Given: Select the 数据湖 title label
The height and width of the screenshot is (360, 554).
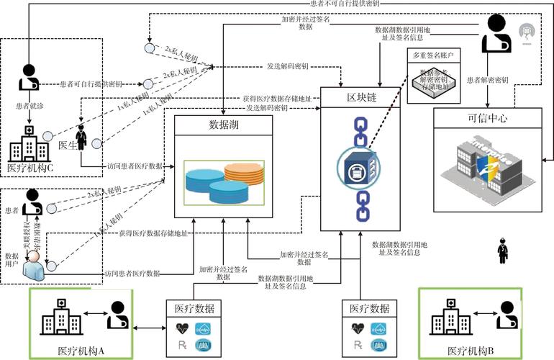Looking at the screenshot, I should [x=224, y=123].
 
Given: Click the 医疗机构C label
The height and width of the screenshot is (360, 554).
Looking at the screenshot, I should [x=29, y=168].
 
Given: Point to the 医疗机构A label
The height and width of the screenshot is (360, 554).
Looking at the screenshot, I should [x=81, y=351].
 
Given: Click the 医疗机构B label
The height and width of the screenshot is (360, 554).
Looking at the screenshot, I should [x=471, y=351].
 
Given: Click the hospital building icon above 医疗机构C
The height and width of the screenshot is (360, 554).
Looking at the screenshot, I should [x=26, y=144].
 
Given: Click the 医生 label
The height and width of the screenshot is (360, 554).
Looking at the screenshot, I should [x=67, y=145].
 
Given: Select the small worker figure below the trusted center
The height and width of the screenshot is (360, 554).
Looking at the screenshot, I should [x=501, y=253].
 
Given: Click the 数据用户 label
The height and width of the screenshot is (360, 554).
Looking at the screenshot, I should [x=12, y=261].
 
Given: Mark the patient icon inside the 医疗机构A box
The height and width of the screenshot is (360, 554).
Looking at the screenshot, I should [x=117, y=315].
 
